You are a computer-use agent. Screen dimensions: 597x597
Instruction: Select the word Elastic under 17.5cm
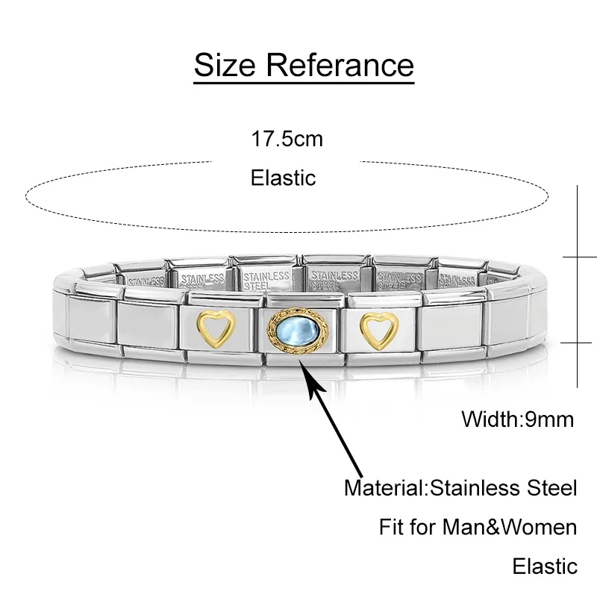coord(284,178)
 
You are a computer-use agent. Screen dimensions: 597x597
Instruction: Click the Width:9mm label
coord(518,419)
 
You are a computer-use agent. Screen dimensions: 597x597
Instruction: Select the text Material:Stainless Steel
coord(460,489)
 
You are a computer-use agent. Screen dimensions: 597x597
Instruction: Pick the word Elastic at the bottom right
coord(545,566)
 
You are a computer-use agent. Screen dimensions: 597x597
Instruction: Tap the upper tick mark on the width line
coord(580,257)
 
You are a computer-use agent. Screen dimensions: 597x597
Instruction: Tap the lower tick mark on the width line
coord(580,343)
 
